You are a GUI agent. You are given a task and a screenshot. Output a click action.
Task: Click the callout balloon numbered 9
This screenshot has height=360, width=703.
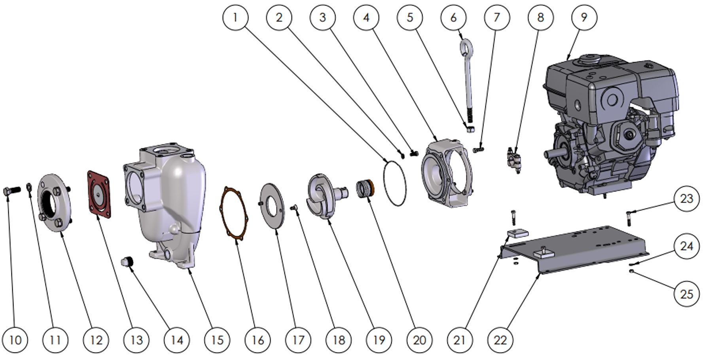(584, 17)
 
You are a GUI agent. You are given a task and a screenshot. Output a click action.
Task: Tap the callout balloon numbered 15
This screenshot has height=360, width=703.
(217, 339)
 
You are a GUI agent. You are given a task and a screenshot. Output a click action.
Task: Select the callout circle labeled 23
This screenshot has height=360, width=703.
(686, 199)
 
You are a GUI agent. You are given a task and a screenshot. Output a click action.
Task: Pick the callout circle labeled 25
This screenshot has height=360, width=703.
(686, 294)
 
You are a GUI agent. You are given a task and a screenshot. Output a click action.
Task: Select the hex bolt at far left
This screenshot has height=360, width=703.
(11, 192)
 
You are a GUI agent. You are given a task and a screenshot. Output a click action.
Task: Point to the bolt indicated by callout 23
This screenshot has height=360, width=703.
(629, 218)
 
